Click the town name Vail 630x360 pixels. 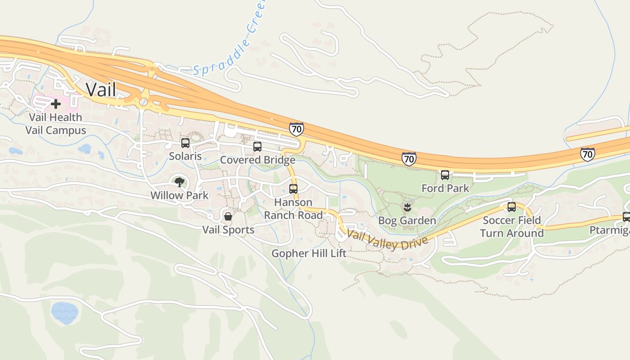tap(101, 89)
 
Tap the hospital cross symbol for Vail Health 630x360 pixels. tap(56, 104)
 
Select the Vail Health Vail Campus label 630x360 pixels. tap(56, 124)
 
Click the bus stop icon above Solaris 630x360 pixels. tap(185, 143)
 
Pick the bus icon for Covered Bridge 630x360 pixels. tap(257, 147)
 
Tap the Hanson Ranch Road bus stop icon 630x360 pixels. tap(293, 189)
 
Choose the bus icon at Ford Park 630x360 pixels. tap(445, 175)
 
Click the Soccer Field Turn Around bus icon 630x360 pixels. tap(512, 207)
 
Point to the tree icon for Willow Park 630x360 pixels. tap(180, 182)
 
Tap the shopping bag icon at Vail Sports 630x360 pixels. tap(228, 216)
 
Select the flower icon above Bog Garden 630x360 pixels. tap(407, 207)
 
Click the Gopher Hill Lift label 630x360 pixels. tap(309, 253)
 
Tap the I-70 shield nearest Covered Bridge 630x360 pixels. tap(296, 129)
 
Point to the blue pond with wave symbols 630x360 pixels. tap(64, 312)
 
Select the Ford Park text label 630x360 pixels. tap(445, 188)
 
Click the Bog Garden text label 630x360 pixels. tap(407, 220)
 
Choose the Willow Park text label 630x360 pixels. tap(180, 195)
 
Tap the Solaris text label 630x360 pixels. tap(185, 156)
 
